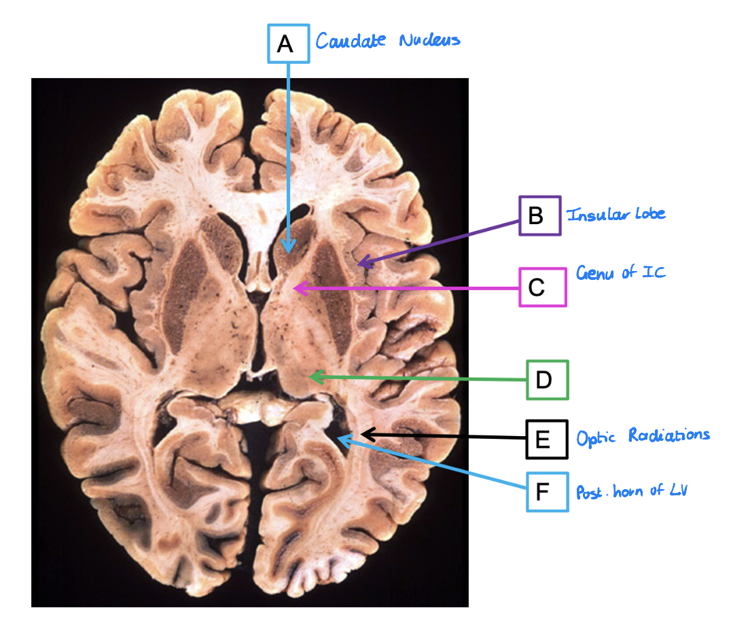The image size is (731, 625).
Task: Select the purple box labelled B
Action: pyautogui.click(x=540, y=216)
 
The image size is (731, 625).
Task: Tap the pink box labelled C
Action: pyautogui.click(x=542, y=287)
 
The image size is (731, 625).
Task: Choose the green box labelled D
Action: pyautogui.click(x=547, y=380)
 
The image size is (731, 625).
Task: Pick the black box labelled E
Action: pyautogui.click(x=547, y=439)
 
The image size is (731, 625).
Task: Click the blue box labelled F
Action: pyautogui.click(x=547, y=491)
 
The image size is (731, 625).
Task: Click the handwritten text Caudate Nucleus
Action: pyautogui.click(x=387, y=40)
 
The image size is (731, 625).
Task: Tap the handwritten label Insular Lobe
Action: pyautogui.click(x=616, y=214)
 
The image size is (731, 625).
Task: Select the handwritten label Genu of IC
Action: pyautogui.click(x=620, y=273)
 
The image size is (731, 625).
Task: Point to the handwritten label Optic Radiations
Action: pyautogui.click(x=643, y=435)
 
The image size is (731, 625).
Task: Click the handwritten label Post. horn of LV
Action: pyautogui.click(x=631, y=490)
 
